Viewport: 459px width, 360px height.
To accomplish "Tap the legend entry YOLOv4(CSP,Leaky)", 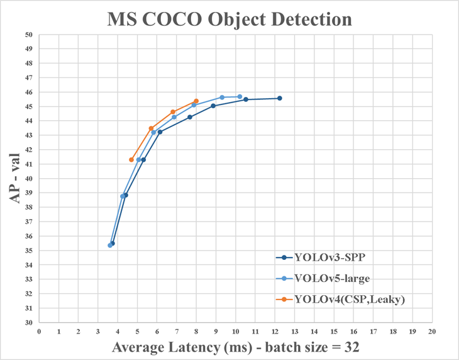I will click(350, 300).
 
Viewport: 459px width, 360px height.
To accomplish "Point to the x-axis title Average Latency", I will click(235, 347).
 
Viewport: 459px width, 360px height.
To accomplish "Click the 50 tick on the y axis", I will click(28, 35).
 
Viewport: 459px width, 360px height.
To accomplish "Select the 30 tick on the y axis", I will click(28, 322).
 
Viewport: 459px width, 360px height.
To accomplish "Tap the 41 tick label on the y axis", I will click(28, 164).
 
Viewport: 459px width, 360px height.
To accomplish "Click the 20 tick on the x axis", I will click(431, 330).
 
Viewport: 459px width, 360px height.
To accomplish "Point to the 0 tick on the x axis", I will click(39, 330).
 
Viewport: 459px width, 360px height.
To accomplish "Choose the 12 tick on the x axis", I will click(275, 330).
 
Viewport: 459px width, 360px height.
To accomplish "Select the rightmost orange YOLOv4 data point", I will click(196, 101).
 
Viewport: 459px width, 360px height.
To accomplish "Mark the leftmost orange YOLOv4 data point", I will click(131, 160).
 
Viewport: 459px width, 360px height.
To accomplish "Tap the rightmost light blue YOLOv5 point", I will click(240, 97).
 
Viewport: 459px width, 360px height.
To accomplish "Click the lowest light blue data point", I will click(110, 245).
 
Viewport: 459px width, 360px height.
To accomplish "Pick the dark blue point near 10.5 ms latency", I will click(246, 99).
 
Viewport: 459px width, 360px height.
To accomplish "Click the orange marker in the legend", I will click(284, 300).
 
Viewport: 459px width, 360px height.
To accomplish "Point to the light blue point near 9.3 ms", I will click(222, 98).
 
